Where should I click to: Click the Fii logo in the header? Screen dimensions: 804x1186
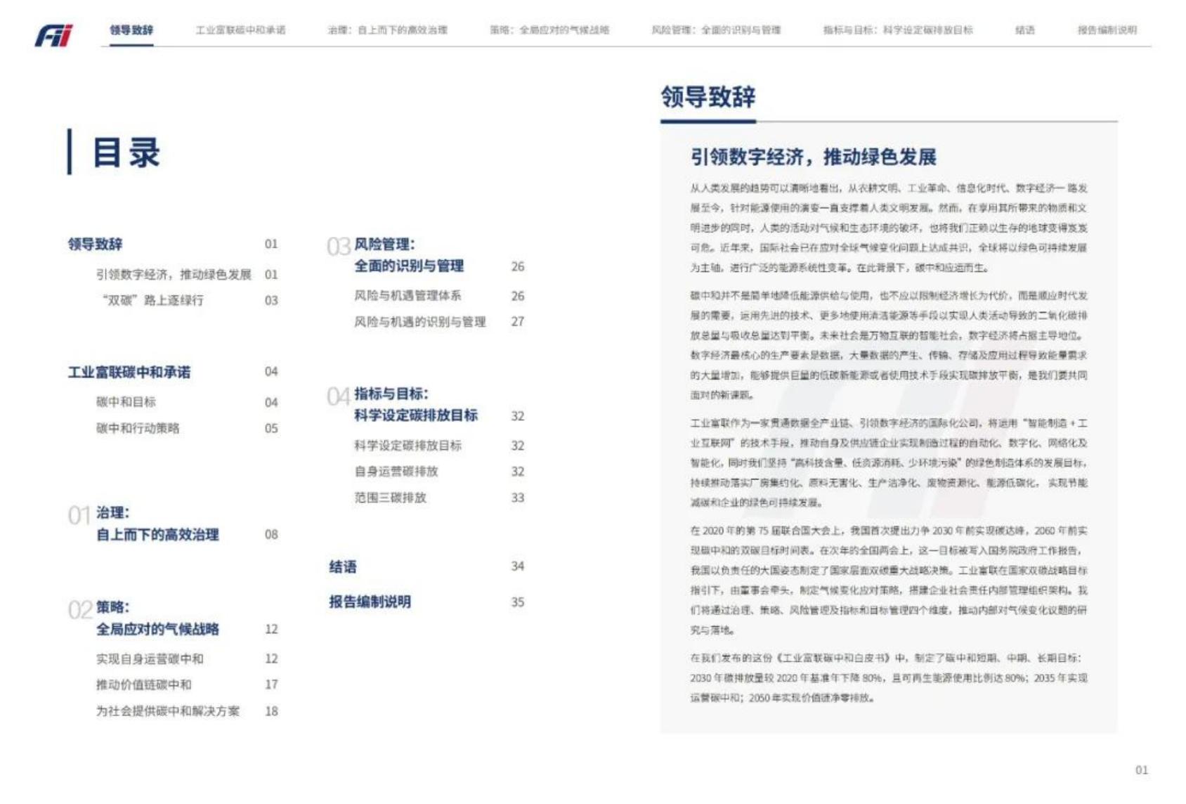(x=54, y=34)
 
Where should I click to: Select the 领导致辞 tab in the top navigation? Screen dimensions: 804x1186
(x=131, y=30)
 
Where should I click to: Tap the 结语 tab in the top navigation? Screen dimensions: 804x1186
(x=1024, y=30)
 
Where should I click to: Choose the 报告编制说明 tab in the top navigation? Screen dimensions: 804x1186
(x=1107, y=30)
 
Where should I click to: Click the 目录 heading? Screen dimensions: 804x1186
(x=126, y=153)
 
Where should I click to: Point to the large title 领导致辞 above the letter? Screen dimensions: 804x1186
(x=708, y=97)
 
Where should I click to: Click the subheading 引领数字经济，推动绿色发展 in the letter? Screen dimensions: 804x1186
(x=813, y=157)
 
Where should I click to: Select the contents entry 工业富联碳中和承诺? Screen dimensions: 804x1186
(x=129, y=372)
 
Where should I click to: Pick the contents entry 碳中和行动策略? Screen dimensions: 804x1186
(x=138, y=428)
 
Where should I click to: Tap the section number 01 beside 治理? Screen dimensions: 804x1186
(x=79, y=516)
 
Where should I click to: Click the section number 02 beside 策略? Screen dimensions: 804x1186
(x=80, y=609)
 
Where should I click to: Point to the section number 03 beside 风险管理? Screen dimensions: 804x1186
(x=339, y=247)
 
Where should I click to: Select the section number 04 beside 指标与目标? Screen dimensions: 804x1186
(x=339, y=396)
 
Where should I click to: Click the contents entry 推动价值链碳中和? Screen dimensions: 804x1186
(x=143, y=685)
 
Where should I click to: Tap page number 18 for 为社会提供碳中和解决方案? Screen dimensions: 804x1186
(x=271, y=711)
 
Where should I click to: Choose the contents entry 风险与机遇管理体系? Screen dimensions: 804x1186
(x=408, y=296)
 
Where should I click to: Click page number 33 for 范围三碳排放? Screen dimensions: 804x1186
(x=518, y=498)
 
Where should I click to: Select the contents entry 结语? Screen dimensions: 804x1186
(x=343, y=566)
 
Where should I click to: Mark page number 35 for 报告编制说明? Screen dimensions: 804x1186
(x=518, y=602)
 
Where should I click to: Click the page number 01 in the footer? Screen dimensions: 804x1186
(x=1142, y=770)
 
